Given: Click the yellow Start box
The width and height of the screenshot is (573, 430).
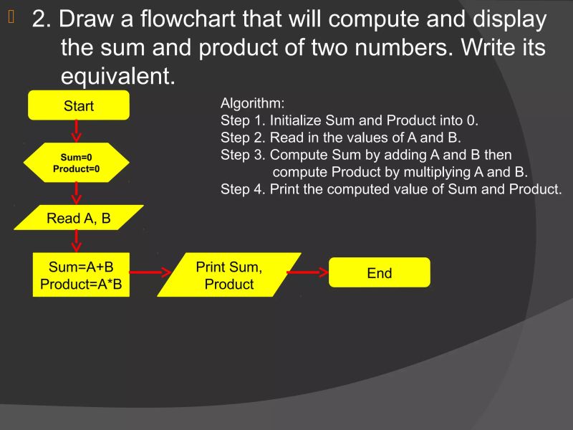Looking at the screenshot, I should point(79,105).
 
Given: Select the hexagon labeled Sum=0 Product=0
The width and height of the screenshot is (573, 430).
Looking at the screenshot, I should point(76,163).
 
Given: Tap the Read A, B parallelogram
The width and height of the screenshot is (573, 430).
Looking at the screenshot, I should point(79,218).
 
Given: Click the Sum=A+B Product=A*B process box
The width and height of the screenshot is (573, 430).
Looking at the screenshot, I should point(81,275).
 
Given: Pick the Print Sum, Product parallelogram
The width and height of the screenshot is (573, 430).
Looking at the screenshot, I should point(229,275).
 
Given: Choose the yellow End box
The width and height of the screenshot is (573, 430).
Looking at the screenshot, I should point(380,273).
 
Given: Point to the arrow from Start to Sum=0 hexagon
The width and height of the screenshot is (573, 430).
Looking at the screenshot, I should point(77,130).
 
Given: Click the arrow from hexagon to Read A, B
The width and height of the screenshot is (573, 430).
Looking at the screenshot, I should point(77,193).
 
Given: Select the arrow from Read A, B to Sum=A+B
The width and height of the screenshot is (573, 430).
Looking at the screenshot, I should point(77,242).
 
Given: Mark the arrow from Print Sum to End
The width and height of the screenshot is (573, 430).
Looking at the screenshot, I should point(307,272).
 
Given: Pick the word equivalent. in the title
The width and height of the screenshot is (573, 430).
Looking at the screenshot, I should point(118,76).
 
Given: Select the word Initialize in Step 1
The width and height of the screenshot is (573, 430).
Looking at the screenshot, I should point(296,120).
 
